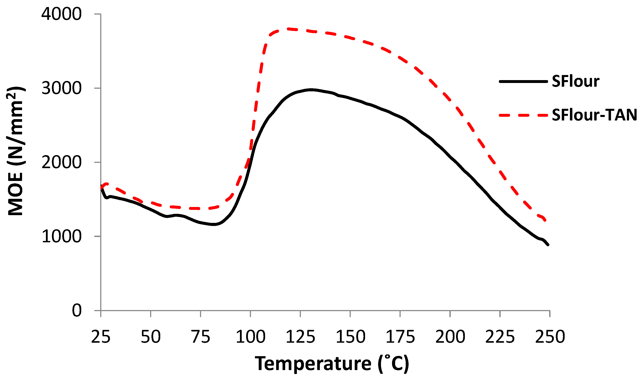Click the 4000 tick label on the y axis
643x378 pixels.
61,14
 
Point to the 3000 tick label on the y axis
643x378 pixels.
61,88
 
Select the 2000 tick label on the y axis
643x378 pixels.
61,162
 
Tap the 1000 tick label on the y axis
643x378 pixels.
61,236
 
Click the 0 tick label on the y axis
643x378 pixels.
77,311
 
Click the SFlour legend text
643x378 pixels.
576,82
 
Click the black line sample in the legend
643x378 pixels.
523,82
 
